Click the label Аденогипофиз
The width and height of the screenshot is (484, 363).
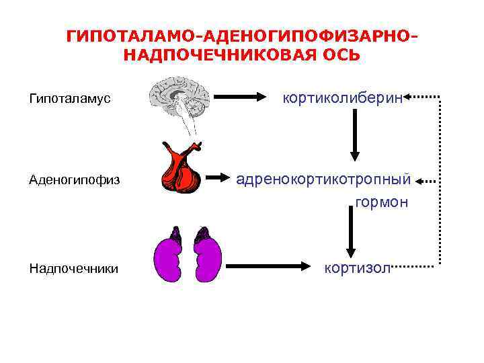click(74, 179)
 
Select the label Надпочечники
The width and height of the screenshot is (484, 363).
click(74, 269)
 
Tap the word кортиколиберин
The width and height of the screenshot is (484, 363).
click(343, 99)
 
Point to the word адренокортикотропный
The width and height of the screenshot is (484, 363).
click(323, 180)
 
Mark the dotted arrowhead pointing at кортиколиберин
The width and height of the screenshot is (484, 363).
click(410, 98)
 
